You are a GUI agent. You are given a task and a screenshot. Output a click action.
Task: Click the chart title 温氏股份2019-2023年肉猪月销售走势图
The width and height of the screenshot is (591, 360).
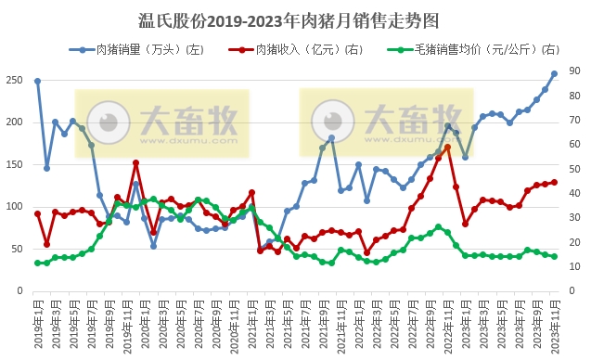click(294, 19)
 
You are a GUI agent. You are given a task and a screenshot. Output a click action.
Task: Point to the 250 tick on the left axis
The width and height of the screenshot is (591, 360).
click(15, 81)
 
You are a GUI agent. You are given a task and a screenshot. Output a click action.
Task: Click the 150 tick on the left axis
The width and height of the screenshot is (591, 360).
click(15, 165)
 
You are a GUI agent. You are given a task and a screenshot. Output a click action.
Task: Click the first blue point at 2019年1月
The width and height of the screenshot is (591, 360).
click(38, 81)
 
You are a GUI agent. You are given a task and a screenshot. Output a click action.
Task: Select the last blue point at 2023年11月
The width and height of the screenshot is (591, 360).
click(554, 73)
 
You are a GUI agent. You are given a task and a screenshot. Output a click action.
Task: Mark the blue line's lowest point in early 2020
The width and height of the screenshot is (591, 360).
click(154, 246)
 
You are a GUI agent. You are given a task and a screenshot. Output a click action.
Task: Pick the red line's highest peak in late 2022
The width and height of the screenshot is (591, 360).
click(447, 147)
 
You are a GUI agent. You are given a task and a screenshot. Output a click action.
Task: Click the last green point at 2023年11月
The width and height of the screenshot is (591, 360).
click(554, 256)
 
